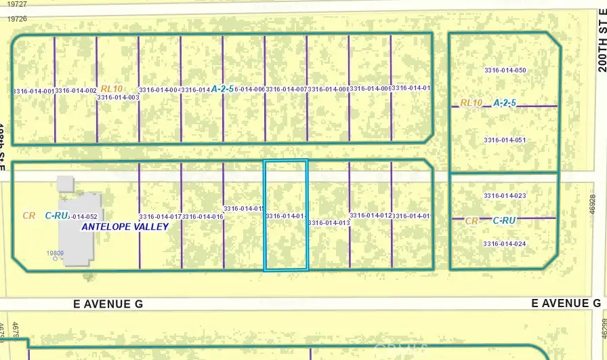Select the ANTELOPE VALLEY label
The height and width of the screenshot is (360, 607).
[x=124, y=227]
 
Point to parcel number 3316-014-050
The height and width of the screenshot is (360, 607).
[x=524, y=71]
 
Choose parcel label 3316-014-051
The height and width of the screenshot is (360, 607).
[x=505, y=140]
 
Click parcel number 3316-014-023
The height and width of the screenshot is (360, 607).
[x=505, y=196]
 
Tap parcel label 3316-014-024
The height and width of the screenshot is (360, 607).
[x=505, y=244]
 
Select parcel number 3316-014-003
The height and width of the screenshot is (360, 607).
[x=118, y=98]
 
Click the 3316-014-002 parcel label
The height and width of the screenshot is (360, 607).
[x=76, y=90]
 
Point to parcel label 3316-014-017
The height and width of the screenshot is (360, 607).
[x=161, y=217]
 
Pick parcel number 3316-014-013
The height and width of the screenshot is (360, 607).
[x=329, y=222]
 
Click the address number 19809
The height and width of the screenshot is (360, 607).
[x=55, y=254]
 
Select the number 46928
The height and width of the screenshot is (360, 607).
[x=593, y=205]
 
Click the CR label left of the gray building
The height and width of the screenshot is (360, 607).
[x=28, y=216]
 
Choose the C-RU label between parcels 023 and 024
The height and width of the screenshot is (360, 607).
[x=505, y=220]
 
